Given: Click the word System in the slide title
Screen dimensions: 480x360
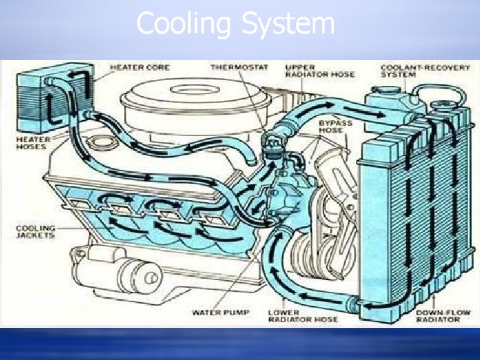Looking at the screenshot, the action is pos(288,25).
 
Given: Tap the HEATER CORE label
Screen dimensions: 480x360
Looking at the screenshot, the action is pos(139,67).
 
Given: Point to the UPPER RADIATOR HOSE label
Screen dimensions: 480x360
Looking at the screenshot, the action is pos(311,71).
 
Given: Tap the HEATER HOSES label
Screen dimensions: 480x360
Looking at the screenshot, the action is pos(31,142).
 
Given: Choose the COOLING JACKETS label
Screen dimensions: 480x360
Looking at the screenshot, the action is pos(36,232).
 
